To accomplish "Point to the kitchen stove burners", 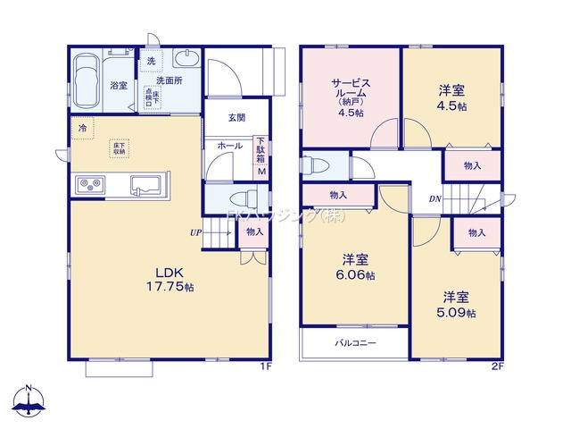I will pyautogui.click(x=90, y=185).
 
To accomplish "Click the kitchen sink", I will pyautogui.click(x=145, y=186).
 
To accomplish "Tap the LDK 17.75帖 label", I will pyautogui.click(x=170, y=280).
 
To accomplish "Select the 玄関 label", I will pyautogui.click(x=236, y=117).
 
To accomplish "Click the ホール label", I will pyautogui.click(x=230, y=146).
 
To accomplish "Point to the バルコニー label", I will pyautogui.click(x=355, y=343).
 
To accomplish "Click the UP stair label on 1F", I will pyautogui.click(x=194, y=233).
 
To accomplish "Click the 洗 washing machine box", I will pyautogui.click(x=152, y=62).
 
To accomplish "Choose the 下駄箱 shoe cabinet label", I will pyautogui.click(x=261, y=148).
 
